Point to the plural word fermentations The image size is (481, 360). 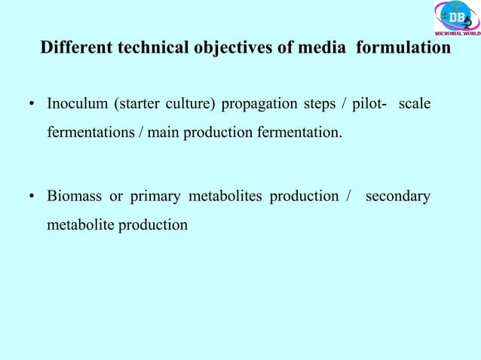(x=90, y=134)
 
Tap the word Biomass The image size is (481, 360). (x=74, y=197)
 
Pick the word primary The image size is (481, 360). (x=155, y=197)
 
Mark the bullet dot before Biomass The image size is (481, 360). (x=32, y=198)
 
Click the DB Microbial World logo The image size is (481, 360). (x=456, y=18)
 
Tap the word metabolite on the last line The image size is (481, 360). (x=80, y=224)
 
